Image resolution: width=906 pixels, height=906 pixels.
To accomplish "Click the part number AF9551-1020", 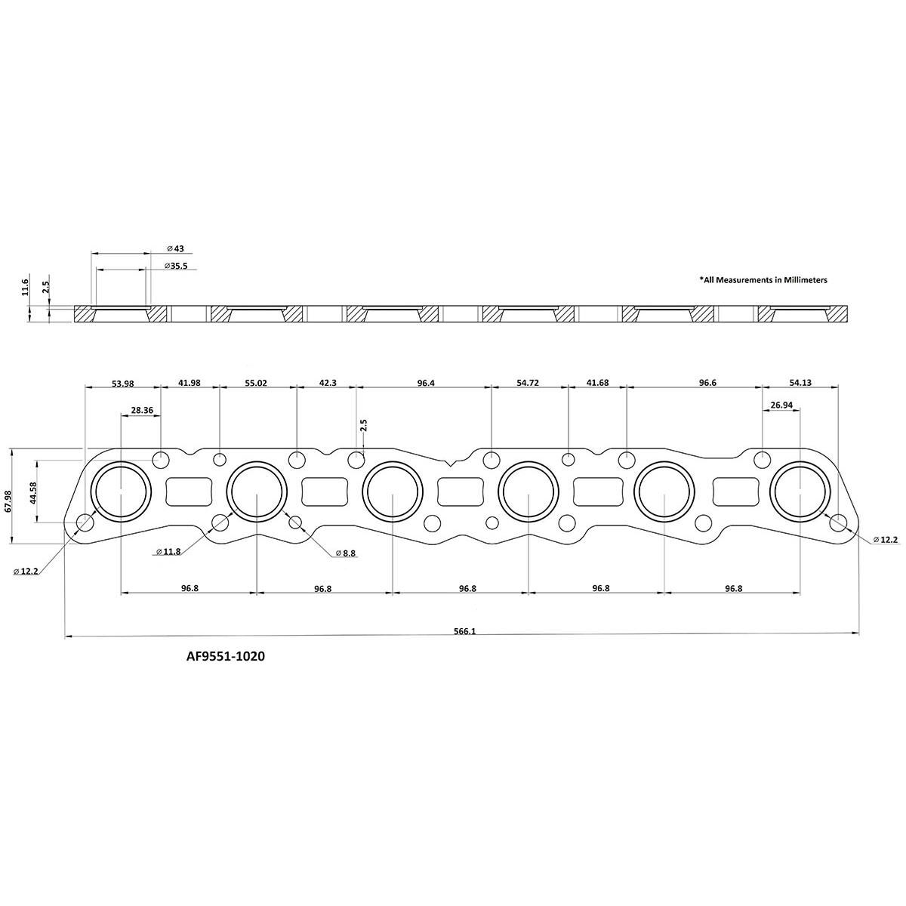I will tap(226, 657).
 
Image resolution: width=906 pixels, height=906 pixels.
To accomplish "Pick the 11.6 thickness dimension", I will tap(26, 287).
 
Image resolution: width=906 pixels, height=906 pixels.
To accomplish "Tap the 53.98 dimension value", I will tap(122, 384).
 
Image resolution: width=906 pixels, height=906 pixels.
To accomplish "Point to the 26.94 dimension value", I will tap(781, 405).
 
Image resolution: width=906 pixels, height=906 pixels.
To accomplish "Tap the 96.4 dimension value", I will tap(426, 384).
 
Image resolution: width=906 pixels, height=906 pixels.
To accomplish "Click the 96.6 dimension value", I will tap(707, 384).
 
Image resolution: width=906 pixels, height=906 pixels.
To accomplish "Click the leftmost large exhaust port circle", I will tap(121, 492).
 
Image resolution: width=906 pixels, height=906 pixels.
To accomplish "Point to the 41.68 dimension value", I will tap(597, 384).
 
